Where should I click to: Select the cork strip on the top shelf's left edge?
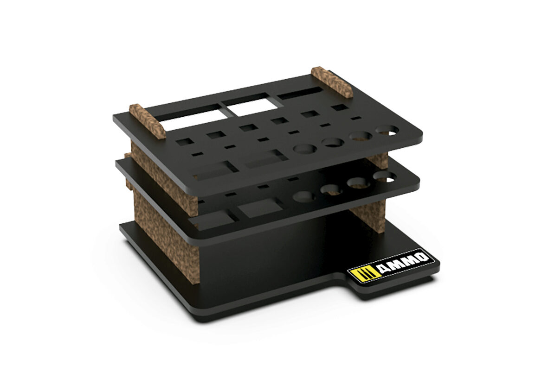click(x=147, y=121)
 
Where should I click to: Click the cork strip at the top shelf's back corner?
click(x=332, y=82)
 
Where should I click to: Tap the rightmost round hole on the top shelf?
click(x=387, y=130)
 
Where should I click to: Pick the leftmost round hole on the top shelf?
click(x=305, y=149)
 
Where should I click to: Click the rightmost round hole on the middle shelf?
click(x=385, y=176)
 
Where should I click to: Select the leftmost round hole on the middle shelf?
click(x=303, y=197)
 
